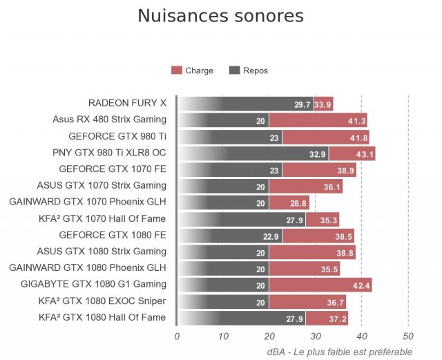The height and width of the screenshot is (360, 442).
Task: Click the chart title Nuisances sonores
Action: coord(220,16)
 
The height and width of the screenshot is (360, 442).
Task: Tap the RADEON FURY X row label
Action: coord(127,103)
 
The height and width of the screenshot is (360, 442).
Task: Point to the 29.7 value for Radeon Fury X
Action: coord(302,104)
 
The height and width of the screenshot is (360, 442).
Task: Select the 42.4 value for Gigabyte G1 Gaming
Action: coord(361,285)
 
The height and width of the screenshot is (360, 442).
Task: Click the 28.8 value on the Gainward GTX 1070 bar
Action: coord(298,203)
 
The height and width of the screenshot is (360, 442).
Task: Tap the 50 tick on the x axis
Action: coord(407,337)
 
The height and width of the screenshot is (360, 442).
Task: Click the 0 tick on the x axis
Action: coord(177,337)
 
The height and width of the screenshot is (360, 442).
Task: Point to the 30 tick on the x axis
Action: coord(315,337)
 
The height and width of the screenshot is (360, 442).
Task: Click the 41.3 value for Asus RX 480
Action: coord(356,121)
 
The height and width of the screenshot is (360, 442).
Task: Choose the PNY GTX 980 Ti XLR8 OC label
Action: coord(109,152)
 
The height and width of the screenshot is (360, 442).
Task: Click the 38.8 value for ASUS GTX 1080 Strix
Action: coord(345,252)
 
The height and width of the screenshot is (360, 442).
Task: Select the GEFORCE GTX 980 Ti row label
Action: coord(117,136)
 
